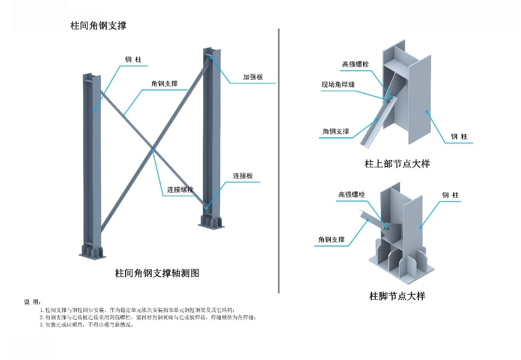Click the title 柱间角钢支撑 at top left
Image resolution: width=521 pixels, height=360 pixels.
[99, 25]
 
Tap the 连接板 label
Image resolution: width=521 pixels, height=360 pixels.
[243, 176]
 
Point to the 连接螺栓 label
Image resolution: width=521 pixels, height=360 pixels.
[180, 190]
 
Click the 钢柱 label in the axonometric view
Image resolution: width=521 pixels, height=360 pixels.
[133, 60]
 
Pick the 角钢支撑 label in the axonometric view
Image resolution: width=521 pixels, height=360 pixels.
[164, 83]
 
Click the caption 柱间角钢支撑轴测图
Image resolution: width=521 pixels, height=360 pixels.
[157, 273]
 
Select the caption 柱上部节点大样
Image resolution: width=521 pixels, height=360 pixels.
[397, 164]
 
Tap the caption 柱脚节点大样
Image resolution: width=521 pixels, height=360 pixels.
[397, 296]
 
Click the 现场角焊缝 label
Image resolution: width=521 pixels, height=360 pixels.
[338, 85]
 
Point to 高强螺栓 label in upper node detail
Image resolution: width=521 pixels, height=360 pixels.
[355, 64]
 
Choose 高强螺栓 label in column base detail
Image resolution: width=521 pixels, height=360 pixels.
[352, 195]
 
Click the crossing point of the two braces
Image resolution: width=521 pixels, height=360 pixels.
[153, 149]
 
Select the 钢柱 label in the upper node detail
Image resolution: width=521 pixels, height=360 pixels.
[459, 136]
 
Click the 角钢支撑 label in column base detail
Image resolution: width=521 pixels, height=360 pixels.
[331, 239]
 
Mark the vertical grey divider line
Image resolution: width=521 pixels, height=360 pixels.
[279, 163]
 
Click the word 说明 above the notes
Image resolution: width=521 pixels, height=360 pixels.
[32, 302]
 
